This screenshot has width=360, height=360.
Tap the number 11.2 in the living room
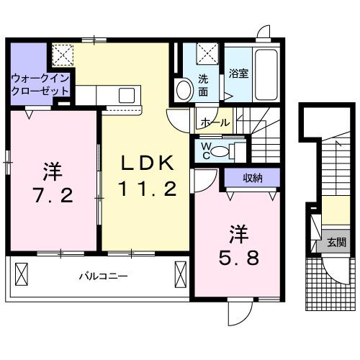tap(147, 189)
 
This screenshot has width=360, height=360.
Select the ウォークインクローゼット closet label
tap(40, 85)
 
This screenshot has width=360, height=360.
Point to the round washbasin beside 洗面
tap(184, 90)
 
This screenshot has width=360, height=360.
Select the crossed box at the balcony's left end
tap(22, 275)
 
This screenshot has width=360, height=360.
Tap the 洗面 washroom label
tap(204, 86)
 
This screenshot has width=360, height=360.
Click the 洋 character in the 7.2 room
tap(51, 171)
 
